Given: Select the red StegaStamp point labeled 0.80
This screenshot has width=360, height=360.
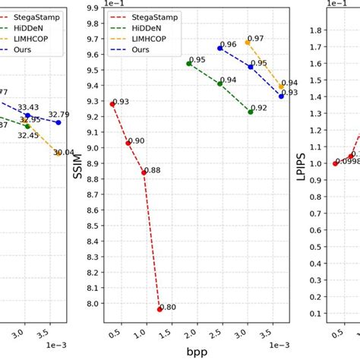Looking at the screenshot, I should pos(159,309).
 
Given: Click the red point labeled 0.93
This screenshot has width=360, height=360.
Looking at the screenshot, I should pos(112,104).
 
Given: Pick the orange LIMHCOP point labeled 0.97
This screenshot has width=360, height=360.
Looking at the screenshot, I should pos(248,43).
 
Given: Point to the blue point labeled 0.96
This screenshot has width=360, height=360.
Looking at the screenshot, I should pos(220,48).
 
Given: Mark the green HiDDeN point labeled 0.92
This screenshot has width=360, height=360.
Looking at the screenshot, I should pos(251,112).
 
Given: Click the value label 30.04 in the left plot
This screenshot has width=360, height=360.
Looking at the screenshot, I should pos(63,153).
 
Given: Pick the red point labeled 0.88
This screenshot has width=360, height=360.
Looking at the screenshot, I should pos(144,172).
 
